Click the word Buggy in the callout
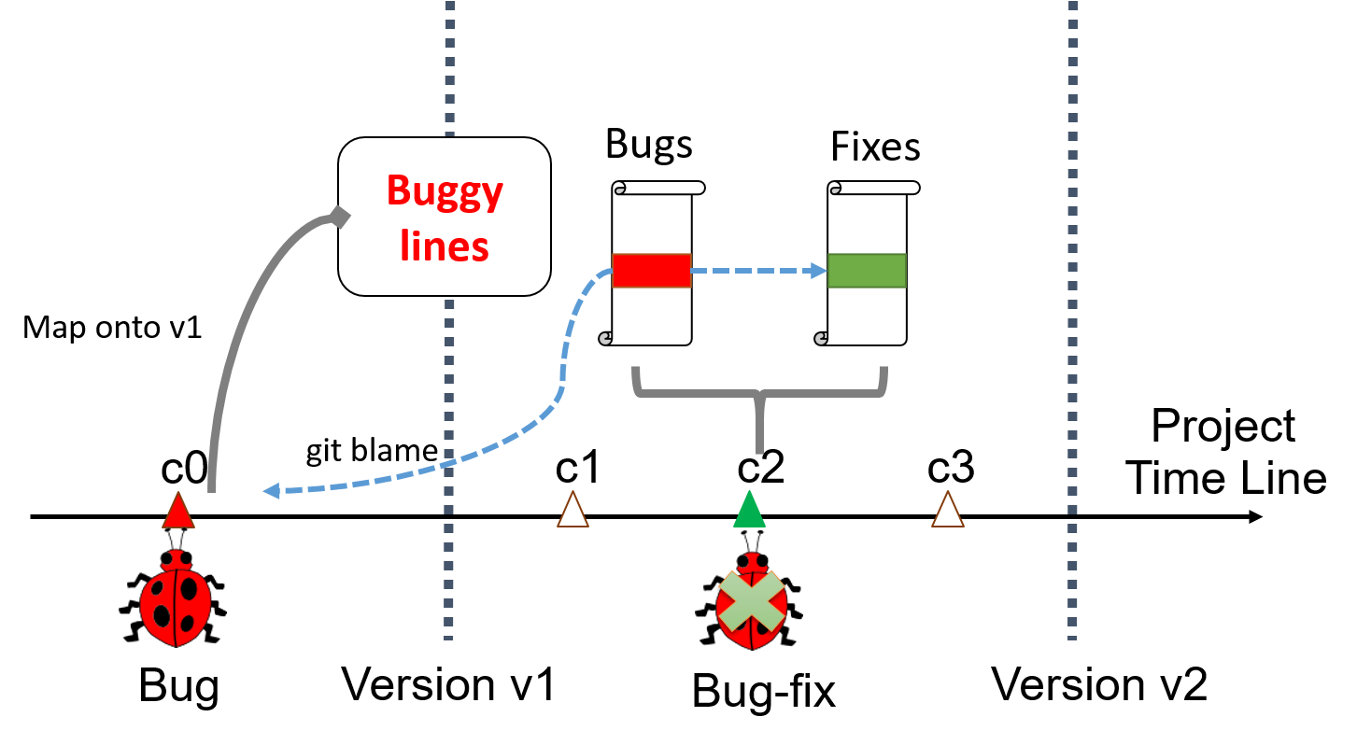point(445,192)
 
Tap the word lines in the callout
point(445,246)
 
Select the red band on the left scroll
point(652,271)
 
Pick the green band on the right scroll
point(867,271)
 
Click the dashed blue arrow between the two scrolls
point(756,271)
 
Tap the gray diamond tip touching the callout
point(339,217)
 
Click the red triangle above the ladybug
point(177,513)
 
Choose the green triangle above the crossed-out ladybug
point(749,511)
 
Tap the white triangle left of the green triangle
point(572,512)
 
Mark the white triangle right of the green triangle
point(947,512)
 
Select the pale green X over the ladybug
point(752,601)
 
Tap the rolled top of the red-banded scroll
point(659,188)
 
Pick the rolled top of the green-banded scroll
point(874,188)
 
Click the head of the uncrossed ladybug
point(173,559)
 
